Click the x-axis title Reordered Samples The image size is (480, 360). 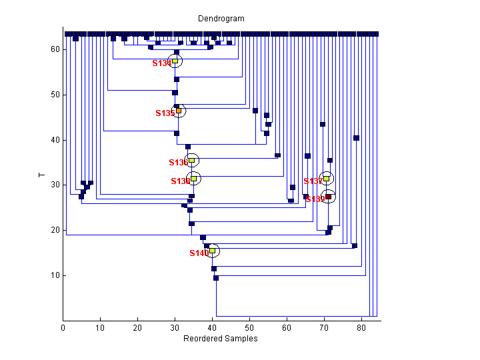point(221,339)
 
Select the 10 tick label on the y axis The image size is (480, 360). point(55,275)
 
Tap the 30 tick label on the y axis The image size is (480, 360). point(55,185)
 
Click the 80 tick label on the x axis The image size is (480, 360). point(362,327)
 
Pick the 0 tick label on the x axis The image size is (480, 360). point(63,327)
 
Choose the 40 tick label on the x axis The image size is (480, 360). point(213,327)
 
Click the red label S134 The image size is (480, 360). point(161,63)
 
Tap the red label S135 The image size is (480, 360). point(164,113)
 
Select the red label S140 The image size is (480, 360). point(199,253)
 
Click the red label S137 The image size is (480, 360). point(313,181)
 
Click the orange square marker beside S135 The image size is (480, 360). point(178,111)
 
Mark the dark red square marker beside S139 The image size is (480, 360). point(328,197)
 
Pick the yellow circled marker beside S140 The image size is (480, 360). point(213,251)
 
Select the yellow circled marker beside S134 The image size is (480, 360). point(175,61)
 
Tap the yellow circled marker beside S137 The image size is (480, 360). point(326,178)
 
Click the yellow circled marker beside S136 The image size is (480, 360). point(191,160)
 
